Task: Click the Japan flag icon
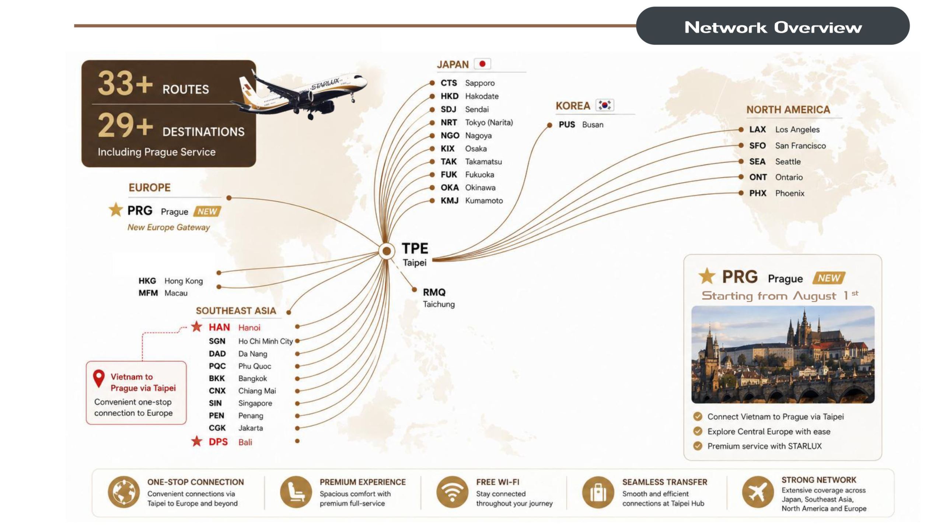(482, 64)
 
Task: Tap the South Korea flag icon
(605, 105)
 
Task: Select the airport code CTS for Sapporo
(448, 83)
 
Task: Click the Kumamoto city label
(484, 201)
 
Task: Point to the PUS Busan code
(567, 125)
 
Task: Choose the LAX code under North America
(757, 129)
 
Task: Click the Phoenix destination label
(790, 193)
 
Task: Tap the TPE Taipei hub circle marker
(387, 251)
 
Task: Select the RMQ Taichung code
(434, 292)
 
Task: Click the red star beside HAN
(197, 326)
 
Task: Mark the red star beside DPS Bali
(197, 441)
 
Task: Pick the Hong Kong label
(184, 281)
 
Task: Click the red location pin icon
(99, 378)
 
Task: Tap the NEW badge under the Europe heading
(207, 211)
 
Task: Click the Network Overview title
(773, 27)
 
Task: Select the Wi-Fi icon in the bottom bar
(452, 492)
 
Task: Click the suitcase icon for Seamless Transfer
(598, 492)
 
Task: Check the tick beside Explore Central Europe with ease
(698, 431)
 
